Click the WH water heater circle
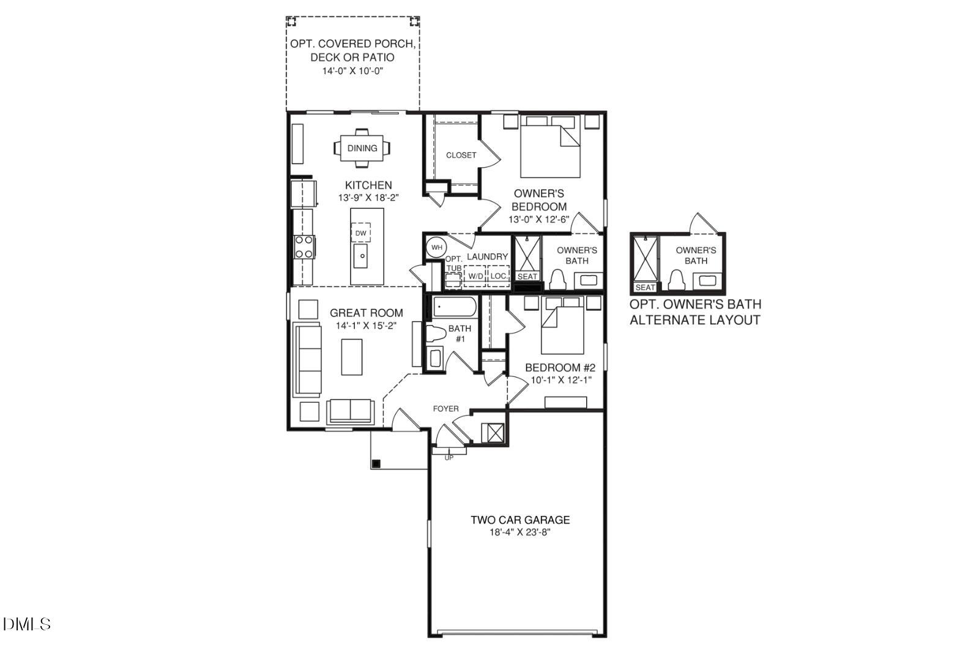436,247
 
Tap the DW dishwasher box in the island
361,233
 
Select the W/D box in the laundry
475,276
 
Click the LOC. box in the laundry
499,276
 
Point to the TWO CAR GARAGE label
520,520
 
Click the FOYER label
445,409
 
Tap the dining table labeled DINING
362,148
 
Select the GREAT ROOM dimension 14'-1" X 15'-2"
367,326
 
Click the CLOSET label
461,155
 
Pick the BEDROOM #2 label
560,368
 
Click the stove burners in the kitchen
304,247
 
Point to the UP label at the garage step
449,458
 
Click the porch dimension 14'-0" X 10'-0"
352,71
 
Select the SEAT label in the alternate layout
645,287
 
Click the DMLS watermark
27,624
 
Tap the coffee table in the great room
352,357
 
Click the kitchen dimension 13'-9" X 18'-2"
368,198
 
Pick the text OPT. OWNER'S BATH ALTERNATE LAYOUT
696,312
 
